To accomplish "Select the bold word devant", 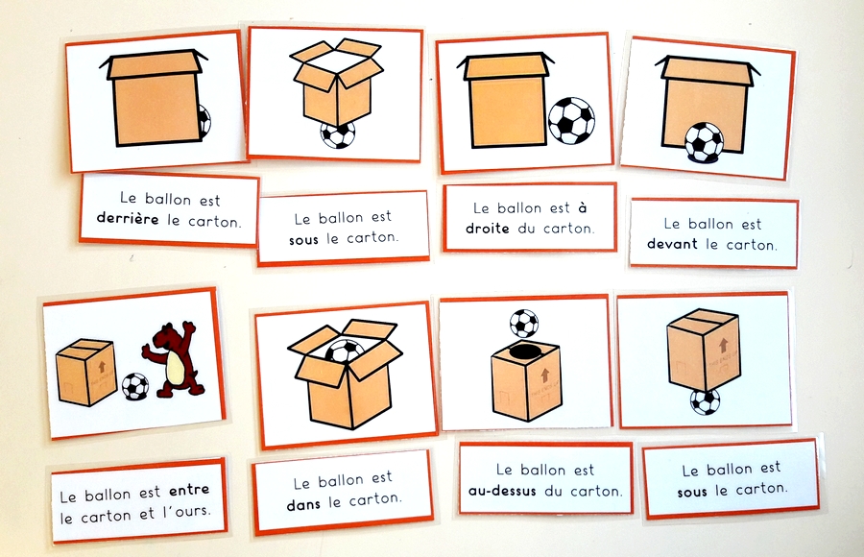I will pyautogui.click(x=674, y=244).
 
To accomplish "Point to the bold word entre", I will pyautogui.click(x=188, y=491).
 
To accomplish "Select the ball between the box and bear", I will pyautogui.click(x=135, y=386).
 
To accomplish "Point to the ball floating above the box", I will pyautogui.click(x=523, y=322).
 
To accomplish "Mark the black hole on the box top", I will pyautogui.click(x=523, y=352).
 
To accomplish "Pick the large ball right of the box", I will pyautogui.click(x=571, y=120).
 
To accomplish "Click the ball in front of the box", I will pyautogui.click(x=704, y=142).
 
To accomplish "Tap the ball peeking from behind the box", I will pyautogui.click(x=204, y=121).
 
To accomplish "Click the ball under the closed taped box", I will pyautogui.click(x=705, y=400).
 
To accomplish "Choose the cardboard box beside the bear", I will pyautogui.click(x=86, y=372).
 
